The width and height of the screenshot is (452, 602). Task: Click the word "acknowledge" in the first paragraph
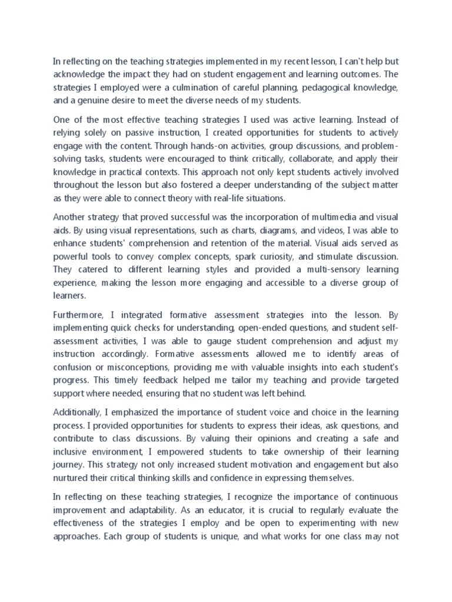tap(81, 74)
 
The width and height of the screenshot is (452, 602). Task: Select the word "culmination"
tap(207, 87)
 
